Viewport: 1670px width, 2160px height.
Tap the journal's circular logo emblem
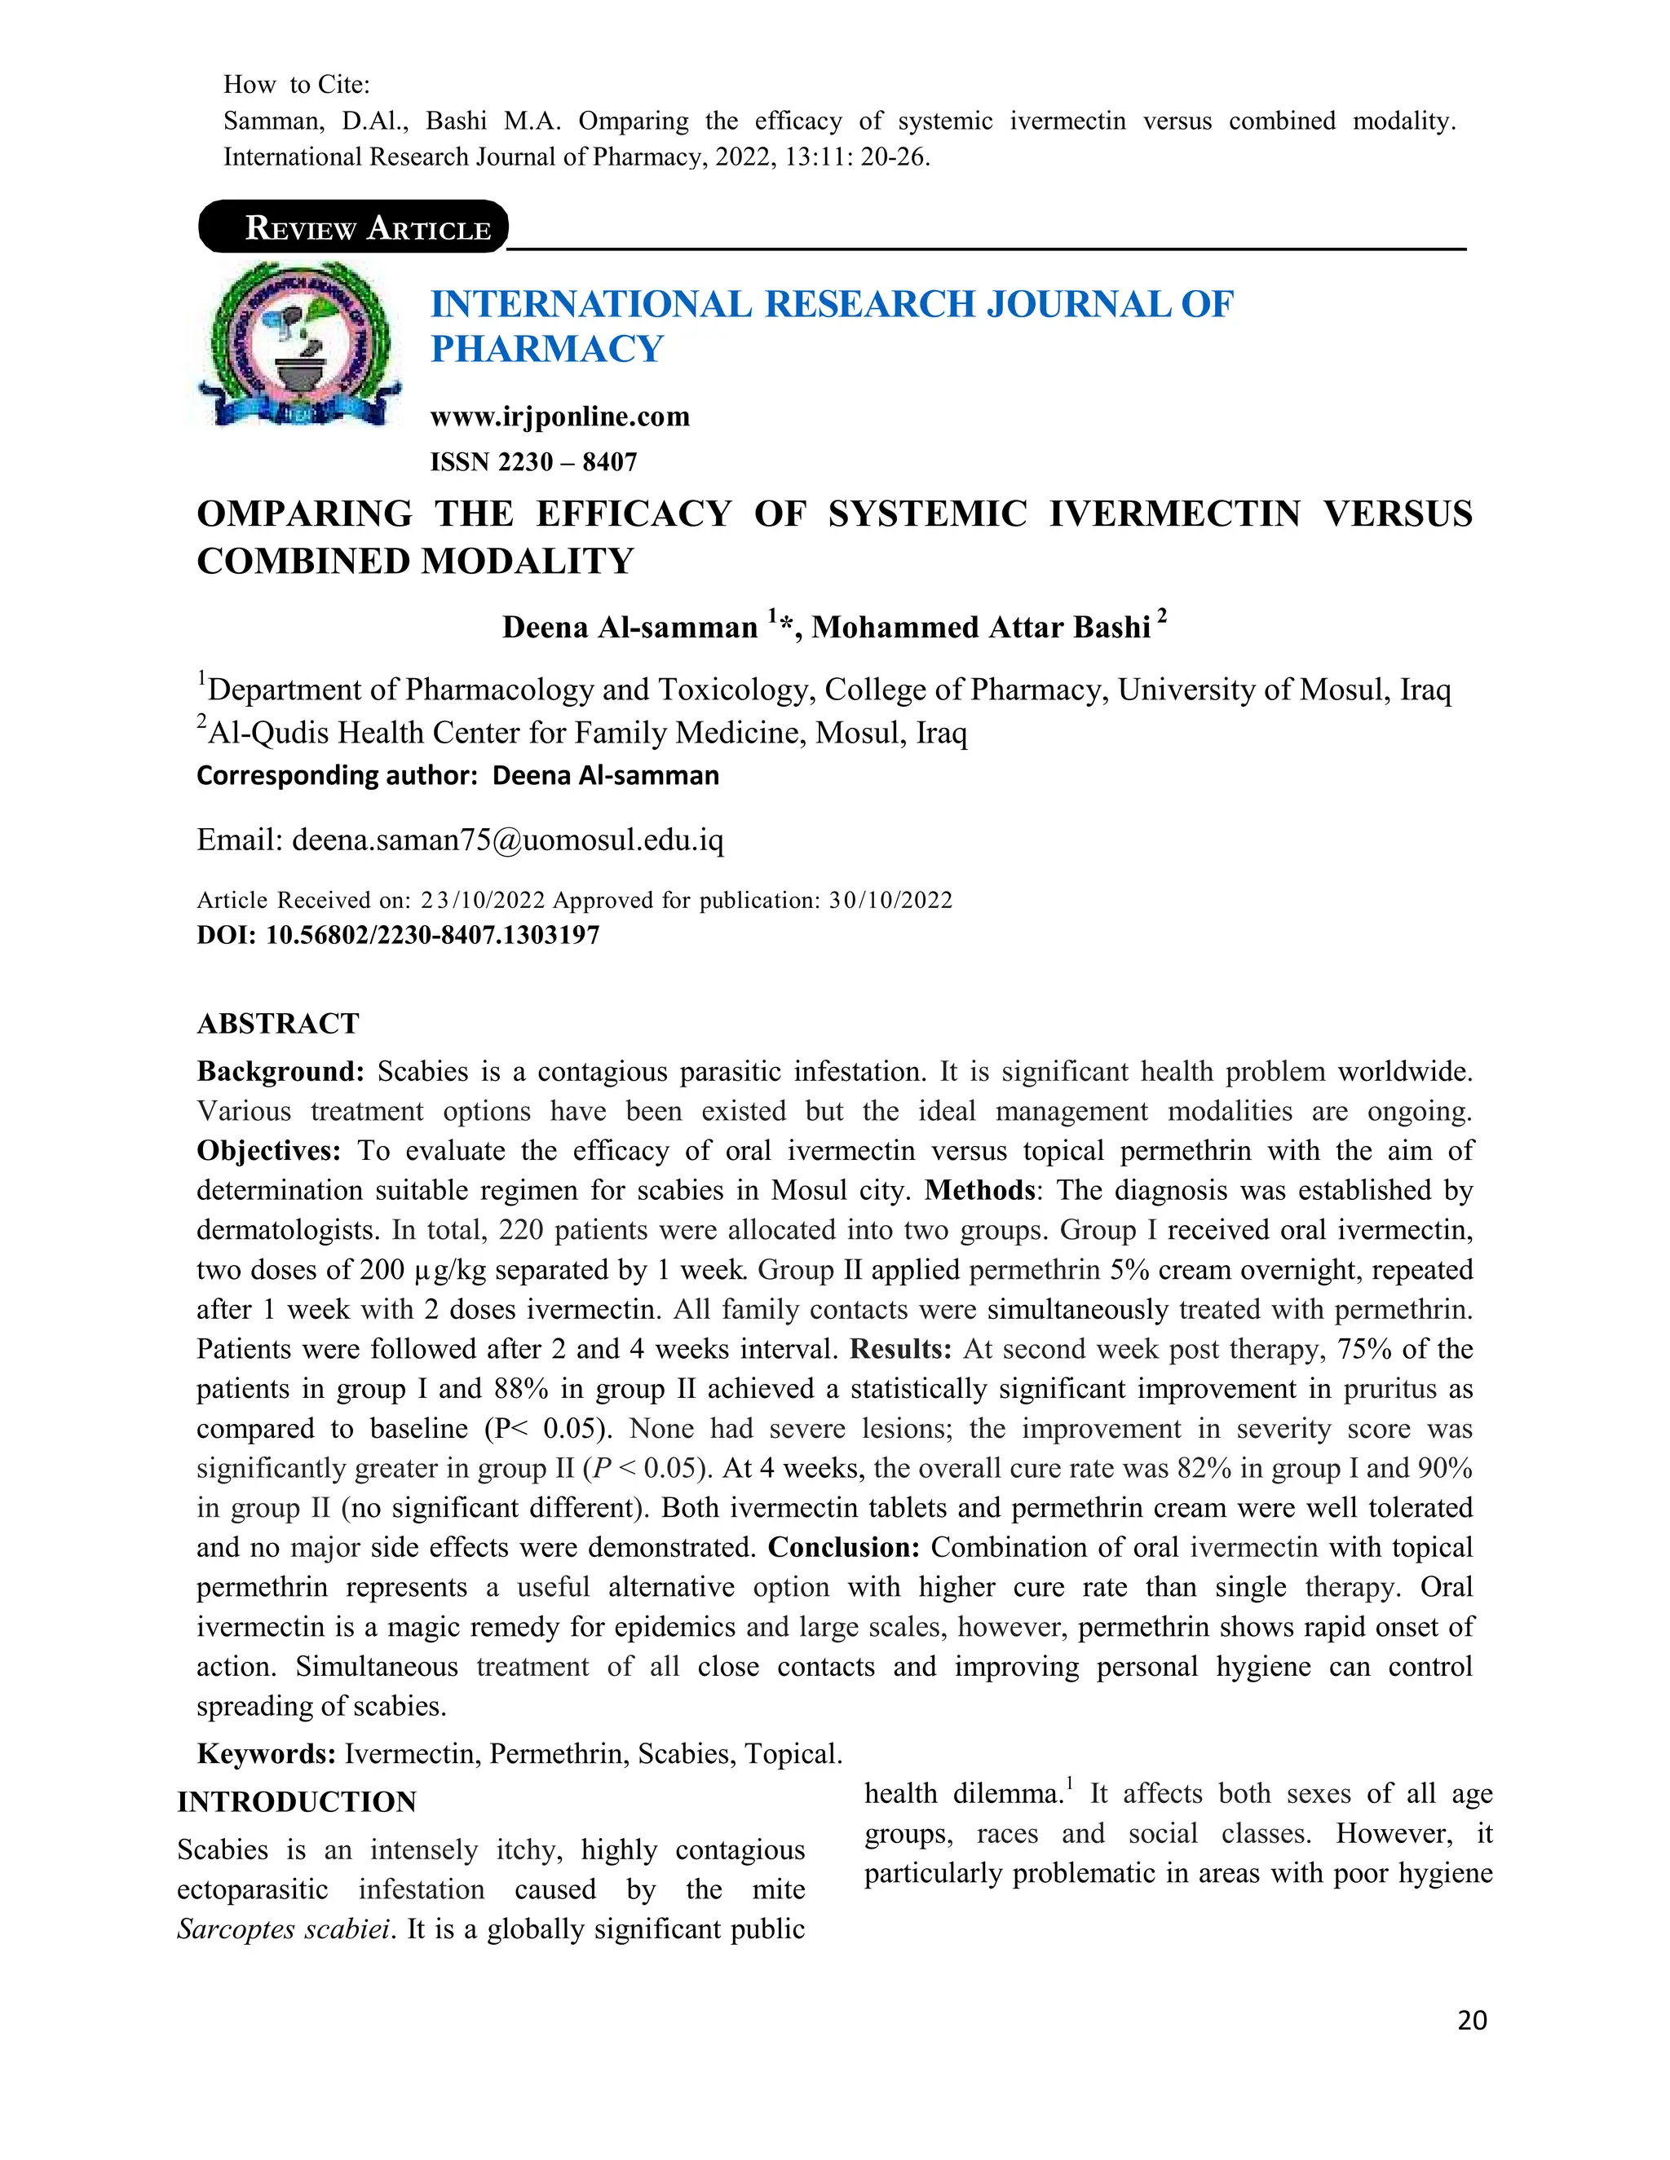(x=301, y=344)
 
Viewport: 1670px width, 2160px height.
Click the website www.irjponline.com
(x=560, y=417)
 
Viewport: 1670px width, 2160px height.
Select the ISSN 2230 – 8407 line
(x=533, y=462)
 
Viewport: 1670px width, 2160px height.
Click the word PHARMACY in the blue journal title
(x=546, y=349)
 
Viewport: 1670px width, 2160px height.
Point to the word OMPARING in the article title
(x=305, y=514)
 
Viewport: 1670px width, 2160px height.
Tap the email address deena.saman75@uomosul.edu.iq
(x=507, y=840)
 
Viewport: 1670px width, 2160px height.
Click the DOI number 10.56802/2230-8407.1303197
(x=432, y=935)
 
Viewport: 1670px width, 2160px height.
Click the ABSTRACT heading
(x=278, y=1024)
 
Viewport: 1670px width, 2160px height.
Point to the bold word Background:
(x=281, y=1072)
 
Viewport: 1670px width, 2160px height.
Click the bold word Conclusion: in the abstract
(x=844, y=1548)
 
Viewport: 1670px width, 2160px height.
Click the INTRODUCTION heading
(x=297, y=1802)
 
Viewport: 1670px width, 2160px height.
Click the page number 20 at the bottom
(x=1471, y=2021)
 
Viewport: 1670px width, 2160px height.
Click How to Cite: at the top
(x=297, y=85)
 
